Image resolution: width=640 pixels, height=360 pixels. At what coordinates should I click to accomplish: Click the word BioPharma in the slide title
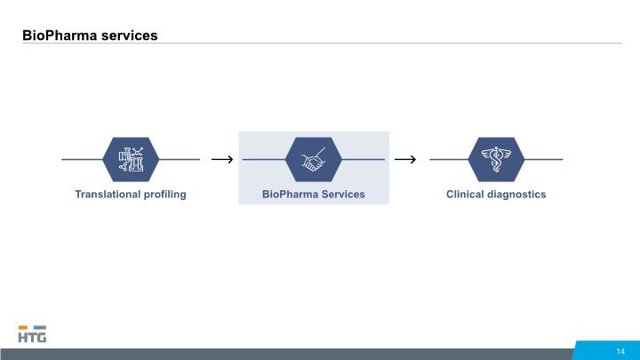click(x=60, y=36)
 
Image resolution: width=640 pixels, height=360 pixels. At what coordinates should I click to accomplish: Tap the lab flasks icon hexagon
click(x=131, y=160)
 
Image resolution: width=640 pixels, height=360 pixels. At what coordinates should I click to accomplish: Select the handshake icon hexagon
click(x=314, y=160)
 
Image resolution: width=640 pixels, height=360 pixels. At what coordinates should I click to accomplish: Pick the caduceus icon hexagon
click(x=496, y=160)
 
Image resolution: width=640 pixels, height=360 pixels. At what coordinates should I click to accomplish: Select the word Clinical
click(x=463, y=195)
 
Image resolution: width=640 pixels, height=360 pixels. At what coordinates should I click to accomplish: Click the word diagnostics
click(x=515, y=195)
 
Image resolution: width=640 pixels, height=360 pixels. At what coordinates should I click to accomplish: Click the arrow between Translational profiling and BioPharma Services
click(x=222, y=159)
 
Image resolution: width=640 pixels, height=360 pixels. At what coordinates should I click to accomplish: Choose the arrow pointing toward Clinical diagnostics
click(x=405, y=159)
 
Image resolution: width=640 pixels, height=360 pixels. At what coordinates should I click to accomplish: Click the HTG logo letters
click(x=32, y=337)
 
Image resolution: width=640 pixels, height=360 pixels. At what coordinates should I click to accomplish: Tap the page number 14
click(x=620, y=351)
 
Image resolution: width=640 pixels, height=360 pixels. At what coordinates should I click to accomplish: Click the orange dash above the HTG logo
click(x=23, y=327)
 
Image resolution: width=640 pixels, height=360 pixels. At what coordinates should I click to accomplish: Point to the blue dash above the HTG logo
click(x=40, y=327)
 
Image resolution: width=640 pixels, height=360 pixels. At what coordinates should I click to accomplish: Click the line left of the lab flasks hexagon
click(x=82, y=160)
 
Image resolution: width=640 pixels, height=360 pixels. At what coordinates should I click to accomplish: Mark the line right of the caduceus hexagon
click(x=544, y=160)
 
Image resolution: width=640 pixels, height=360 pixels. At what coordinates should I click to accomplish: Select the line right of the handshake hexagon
click(x=364, y=160)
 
